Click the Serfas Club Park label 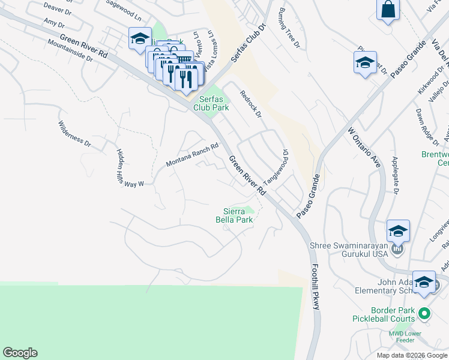pyautogui.click(x=211, y=103)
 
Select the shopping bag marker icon pyautogui.click(x=388, y=10)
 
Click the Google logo pyautogui.click(x=20, y=353)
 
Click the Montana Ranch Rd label pyautogui.click(x=191, y=155)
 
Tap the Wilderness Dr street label pyautogui.click(x=74, y=134)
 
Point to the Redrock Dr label pyautogui.click(x=251, y=104)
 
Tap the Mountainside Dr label pyautogui.click(x=70, y=51)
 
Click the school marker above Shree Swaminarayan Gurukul pyautogui.click(x=398, y=230)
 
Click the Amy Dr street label pyautogui.click(x=53, y=23)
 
